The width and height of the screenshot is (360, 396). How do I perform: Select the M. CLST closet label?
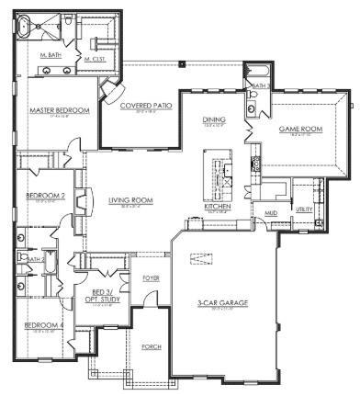coord(95,59)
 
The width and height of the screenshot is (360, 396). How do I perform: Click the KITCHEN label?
coord(217,208)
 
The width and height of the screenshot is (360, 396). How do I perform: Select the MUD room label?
coord(271,213)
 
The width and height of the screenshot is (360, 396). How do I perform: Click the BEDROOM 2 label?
coord(44,196)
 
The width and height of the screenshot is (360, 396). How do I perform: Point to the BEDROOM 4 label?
coord(42,326)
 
